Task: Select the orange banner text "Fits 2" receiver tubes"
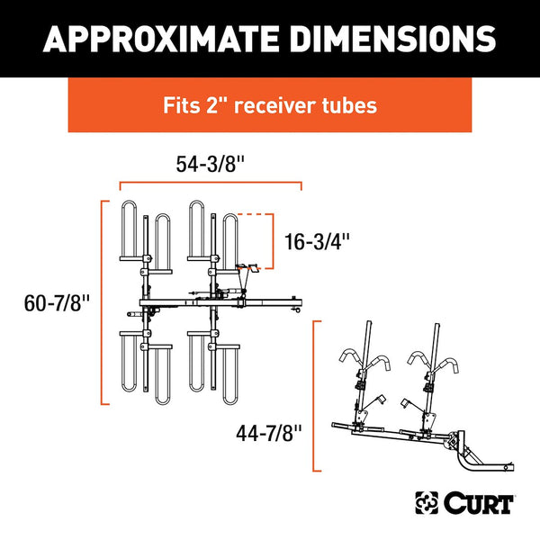click(x=269, y=105)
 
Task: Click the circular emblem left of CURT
click(x=426, y=501)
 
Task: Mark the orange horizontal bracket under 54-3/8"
click(x=211, y=184)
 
